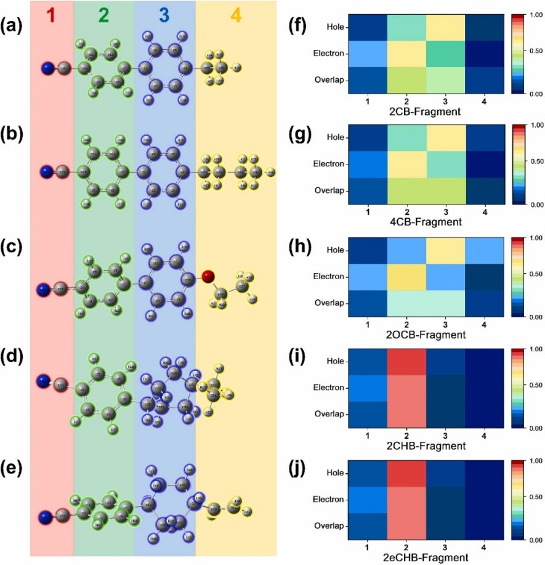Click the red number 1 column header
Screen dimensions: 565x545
click(52, 15)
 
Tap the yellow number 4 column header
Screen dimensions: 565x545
click(236, 15)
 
